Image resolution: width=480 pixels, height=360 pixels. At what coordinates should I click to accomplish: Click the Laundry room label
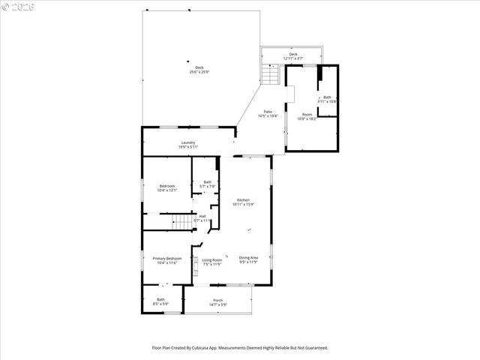188,145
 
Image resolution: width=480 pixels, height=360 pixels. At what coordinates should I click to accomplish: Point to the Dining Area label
248,260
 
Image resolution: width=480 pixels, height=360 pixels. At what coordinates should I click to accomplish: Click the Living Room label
212,262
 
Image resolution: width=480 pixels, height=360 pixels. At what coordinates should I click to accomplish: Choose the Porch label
218,302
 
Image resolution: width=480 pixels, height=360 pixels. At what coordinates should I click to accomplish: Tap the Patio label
268,114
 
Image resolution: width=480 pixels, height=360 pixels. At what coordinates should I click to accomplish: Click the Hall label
202,218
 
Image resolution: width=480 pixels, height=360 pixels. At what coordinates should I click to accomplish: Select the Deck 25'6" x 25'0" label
199,70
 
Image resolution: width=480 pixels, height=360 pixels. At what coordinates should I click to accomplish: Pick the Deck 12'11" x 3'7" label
293,56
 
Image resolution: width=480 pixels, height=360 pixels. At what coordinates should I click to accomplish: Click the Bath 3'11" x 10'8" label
327,98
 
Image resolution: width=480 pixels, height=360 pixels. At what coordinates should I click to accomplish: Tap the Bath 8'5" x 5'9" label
160,301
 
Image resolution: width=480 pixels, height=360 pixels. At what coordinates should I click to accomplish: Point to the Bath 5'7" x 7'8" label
207,184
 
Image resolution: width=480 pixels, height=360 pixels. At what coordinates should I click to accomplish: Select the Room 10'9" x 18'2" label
307,116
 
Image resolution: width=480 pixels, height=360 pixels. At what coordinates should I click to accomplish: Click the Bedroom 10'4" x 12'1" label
167,187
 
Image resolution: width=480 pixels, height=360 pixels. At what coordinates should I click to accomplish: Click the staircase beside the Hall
181,222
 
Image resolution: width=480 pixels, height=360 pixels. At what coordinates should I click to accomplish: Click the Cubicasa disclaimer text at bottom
240,348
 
